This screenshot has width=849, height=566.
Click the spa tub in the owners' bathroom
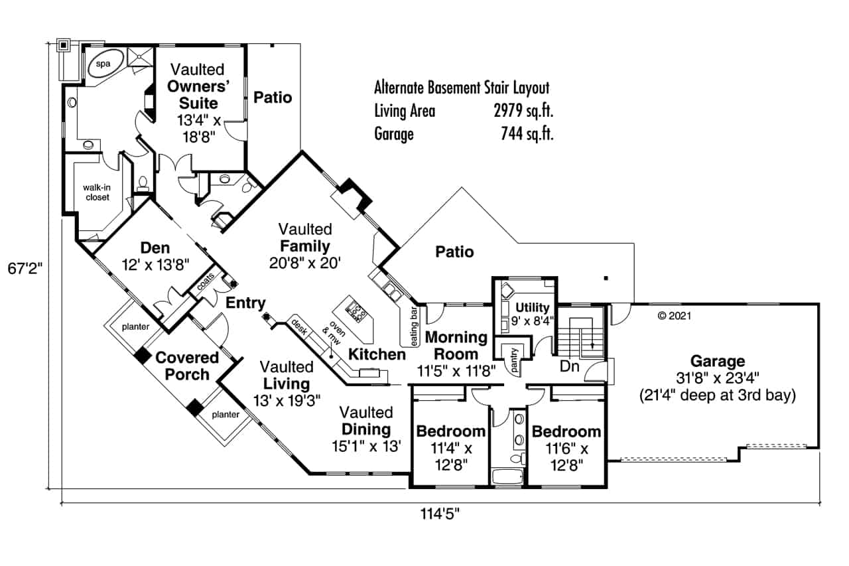tap(103, 64)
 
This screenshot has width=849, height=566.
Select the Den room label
tap(155, 248)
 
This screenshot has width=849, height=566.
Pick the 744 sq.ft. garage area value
tap(527, 134)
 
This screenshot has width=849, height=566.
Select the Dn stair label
tap(568, 366)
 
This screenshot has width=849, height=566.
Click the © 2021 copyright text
tap(674, 316)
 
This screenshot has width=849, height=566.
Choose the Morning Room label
tap(456, 345)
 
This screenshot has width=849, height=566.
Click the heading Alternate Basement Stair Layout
tap(462, 88)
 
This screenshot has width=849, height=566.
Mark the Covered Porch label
tap(187, 366)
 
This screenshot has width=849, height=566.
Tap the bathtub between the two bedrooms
tap(509, 476)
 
